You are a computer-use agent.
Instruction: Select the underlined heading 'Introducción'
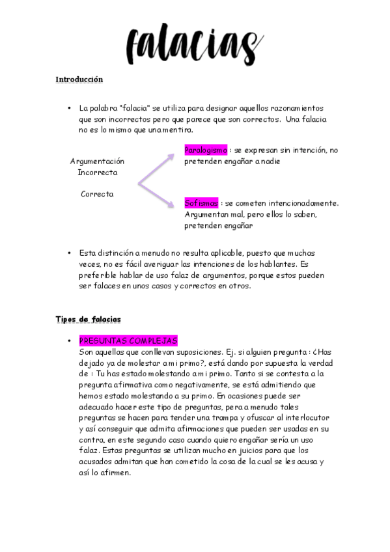click(x=79, y=79)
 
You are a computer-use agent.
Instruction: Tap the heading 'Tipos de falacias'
click(x=88, y=319)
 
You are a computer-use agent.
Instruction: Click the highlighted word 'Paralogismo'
click(x=206, y=150)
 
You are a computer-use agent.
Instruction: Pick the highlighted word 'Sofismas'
click(x=201, y=203)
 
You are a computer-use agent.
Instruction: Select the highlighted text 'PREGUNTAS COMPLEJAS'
click(x=128, y=341)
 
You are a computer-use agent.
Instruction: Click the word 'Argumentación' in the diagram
click(x=97, y=161)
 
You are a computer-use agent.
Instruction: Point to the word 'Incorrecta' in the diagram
click(x=98, y=172)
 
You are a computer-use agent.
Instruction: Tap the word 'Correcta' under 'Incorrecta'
click(x=97, y=194)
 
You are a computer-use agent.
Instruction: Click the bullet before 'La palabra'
click(x=68, y=108)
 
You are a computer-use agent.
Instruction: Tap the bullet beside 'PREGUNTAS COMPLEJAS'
click(x=68, y=341)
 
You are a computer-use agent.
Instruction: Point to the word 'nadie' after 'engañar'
click(x=270, y=161)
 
